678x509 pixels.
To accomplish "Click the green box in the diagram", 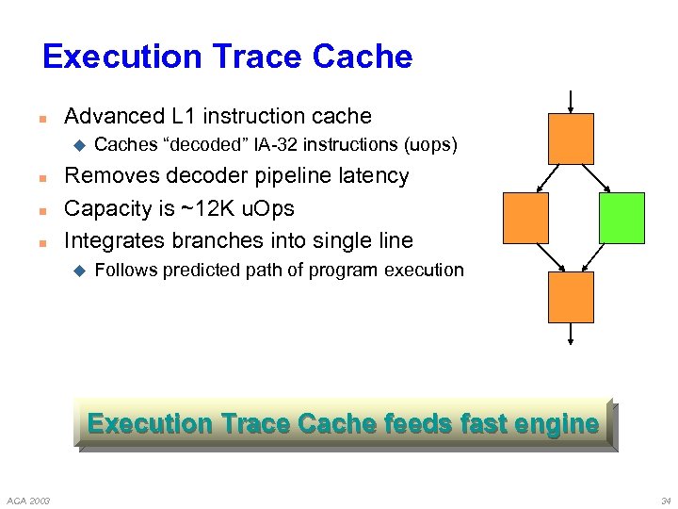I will (621, 218).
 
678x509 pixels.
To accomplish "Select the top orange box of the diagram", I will (571, 139).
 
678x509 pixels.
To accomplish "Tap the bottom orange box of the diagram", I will (571, 297).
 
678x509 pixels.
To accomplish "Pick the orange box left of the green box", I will (525, 218).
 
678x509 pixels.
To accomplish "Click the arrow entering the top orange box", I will (571, 100).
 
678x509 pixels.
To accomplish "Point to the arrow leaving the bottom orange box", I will (571, 335).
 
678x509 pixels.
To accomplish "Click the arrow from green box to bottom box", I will (598, 257).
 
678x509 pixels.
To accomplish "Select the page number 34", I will (665, 499).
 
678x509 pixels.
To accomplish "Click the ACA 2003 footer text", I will (28, 499).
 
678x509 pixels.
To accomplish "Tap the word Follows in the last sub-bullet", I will (126, 271).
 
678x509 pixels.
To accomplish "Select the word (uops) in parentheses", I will (430, 145).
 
